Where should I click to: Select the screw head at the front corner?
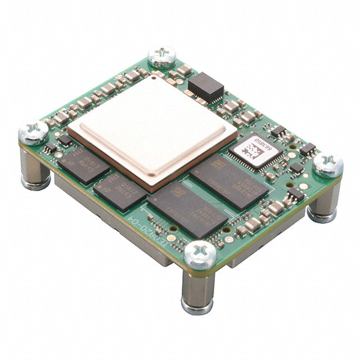pos(200,254)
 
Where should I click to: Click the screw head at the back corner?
pos(162,57)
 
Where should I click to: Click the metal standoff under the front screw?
pos(197,292)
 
